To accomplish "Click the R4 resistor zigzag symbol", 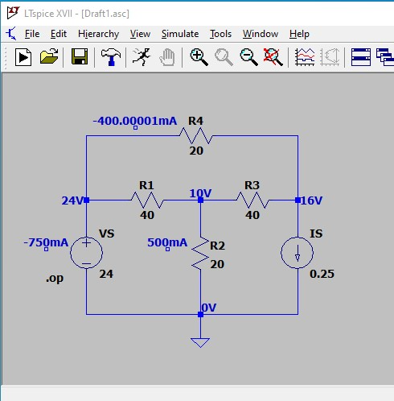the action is point(196,136).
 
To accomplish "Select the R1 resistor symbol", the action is point(147,200).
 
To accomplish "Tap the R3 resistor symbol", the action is point(252,200).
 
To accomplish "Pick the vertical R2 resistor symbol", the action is point(200,253).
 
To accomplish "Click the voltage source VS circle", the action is point(86,253).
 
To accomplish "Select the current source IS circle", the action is point(297,253).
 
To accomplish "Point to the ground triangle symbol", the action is point(200,343).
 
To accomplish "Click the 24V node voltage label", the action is point(72,200).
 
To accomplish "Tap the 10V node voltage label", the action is point(200,193).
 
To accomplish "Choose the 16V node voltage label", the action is point(311,200).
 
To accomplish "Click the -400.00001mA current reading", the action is point(135,121).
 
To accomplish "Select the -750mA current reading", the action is point(46,242).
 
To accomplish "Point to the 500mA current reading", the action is point(167,242).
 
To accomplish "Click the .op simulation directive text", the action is point(55,279).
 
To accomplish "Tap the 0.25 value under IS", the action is point(322,274).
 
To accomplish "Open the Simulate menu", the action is point(180,34).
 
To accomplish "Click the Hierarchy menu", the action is point(98,34).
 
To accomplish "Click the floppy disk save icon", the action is point(80,56).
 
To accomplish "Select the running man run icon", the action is point(142,56).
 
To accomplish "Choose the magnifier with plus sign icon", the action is point(199,57).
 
